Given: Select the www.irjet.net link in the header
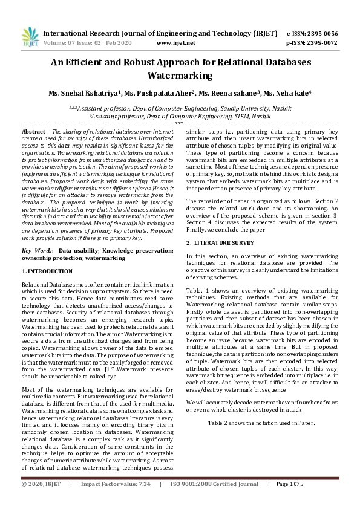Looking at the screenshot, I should (175, 43).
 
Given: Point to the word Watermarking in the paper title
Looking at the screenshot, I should (180, 76).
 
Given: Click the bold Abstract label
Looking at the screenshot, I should (35, 131).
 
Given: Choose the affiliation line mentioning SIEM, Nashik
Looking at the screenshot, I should (180, 114).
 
